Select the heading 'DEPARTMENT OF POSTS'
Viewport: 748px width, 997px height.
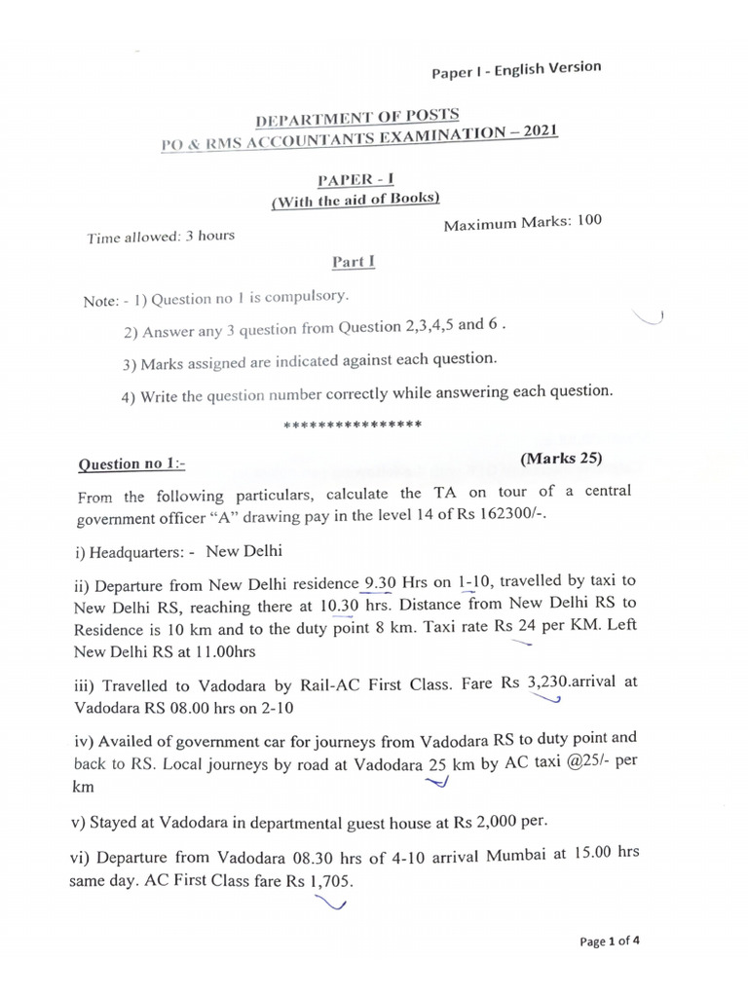(x=350, y=120)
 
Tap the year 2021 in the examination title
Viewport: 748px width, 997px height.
(x=537, y=131)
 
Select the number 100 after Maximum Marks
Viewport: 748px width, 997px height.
(x=589, y=221)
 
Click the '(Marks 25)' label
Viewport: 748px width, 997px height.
(x=561, y=458)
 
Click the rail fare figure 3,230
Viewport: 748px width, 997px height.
(x=546, y=682)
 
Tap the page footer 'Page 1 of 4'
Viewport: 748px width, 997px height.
(x=610, y=942)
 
